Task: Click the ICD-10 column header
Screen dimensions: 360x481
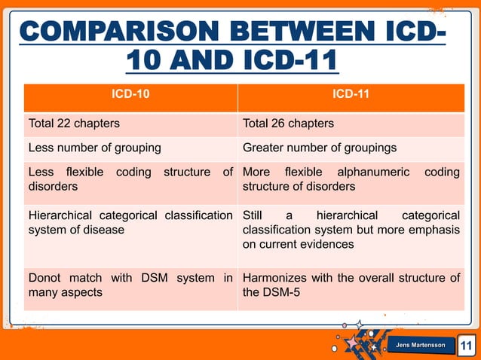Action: (130, 96)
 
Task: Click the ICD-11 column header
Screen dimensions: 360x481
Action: (351, 96)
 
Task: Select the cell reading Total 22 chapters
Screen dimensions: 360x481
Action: (74, 124)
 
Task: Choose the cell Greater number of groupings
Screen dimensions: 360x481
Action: (320, 148)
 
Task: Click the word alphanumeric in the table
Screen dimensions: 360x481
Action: (371, 172)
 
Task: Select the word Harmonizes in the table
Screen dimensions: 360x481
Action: (276, 278)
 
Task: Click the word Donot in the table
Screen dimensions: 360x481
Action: (44, 278)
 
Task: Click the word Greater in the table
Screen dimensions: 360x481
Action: (265, 148)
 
